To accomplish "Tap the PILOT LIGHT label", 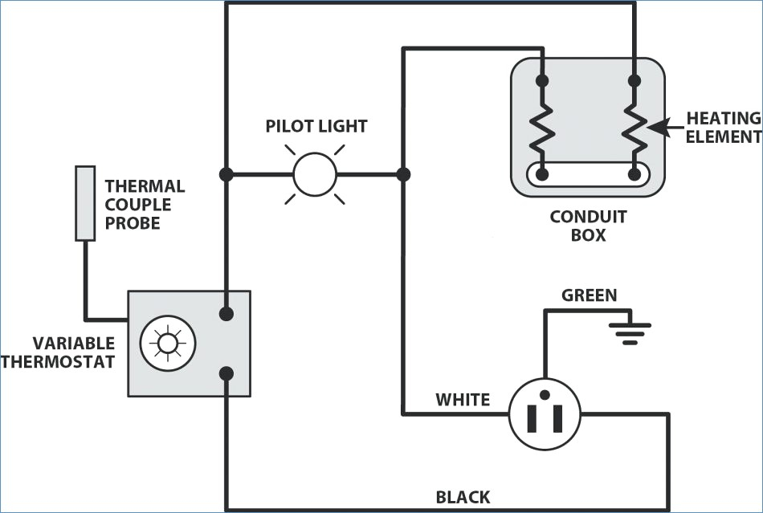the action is coord(316,126).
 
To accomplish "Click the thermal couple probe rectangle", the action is coord(85,203).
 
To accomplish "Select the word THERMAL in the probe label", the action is coord(145,186).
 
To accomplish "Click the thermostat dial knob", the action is coord(168,344).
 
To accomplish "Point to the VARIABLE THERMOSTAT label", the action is coord(59,352).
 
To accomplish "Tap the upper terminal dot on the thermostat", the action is coord(226,314).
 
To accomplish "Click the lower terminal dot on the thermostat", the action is coord(226,373).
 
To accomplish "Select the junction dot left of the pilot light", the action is coord(226,174).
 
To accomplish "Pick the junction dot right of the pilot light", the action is coord(403,174).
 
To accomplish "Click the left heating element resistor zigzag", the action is coord(542,128).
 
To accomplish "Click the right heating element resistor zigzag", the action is coord(634,128).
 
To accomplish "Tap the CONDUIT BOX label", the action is coord(588,226).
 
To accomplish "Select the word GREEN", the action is coord(590,295).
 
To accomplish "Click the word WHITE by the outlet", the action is coord(463,400).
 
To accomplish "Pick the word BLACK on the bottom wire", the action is coord(463,497).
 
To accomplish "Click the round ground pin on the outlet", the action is coord(545,394).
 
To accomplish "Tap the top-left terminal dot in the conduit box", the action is coord(542,81).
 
